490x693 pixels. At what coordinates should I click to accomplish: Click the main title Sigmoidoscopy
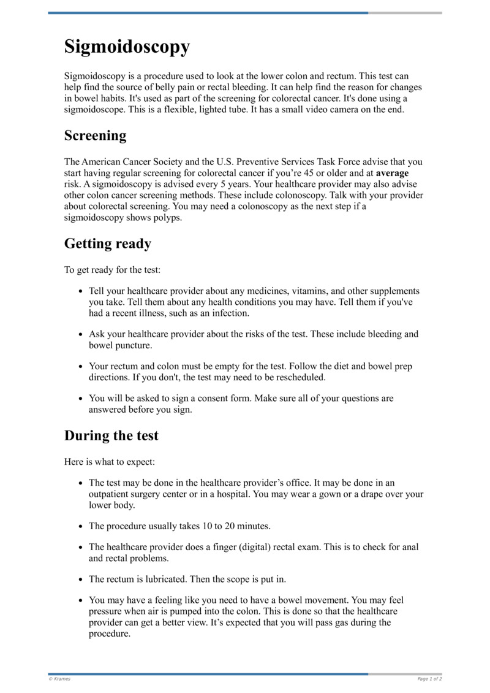point(127,47)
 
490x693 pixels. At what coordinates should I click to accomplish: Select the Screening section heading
point(95,136)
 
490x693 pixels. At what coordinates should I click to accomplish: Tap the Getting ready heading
point(107,243)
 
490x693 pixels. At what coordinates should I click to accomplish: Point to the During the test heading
point(111,436)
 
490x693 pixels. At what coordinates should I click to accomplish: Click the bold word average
point(392,173)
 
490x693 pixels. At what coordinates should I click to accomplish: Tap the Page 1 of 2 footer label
point(429,679)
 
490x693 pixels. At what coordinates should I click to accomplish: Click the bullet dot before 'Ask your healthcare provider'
point(81,335)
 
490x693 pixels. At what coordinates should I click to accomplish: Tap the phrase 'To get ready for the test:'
point(112,270)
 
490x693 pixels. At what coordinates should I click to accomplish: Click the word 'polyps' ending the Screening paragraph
point(169,218)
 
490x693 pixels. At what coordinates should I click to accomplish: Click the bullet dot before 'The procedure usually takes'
point(81,527)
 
